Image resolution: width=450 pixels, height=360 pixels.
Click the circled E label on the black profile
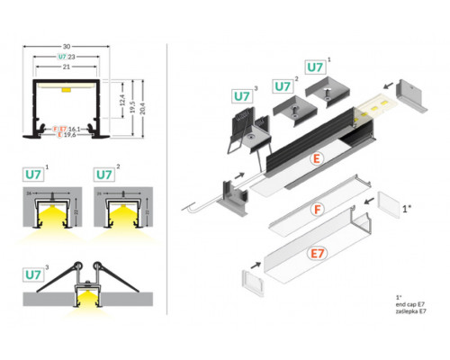pos(316,159)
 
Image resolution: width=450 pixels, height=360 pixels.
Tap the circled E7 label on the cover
pos(316,255)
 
